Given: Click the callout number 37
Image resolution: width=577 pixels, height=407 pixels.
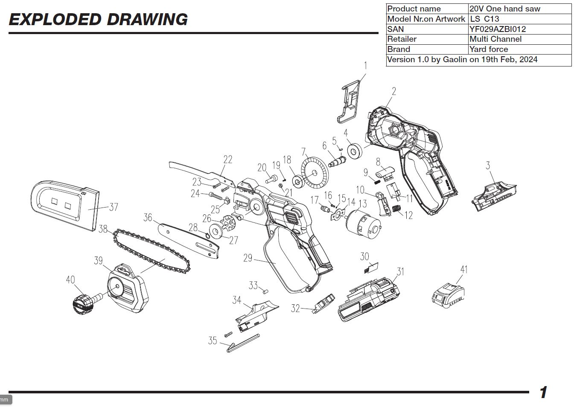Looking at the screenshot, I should pos(114,207).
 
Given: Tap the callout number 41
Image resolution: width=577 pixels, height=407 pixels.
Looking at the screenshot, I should pos(464,269).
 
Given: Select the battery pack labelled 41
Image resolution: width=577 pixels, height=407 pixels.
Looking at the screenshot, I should pos(448,295).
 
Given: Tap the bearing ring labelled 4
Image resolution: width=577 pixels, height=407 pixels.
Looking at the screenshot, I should pos(354,151).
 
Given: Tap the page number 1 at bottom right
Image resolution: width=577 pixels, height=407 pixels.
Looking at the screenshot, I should pos(543,392).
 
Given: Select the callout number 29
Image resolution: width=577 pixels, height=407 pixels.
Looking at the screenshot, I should pos(248,258).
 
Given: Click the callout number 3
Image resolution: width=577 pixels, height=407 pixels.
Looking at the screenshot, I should pos(488,166).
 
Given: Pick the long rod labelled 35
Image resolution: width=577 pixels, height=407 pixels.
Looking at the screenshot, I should pos(243,343).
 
